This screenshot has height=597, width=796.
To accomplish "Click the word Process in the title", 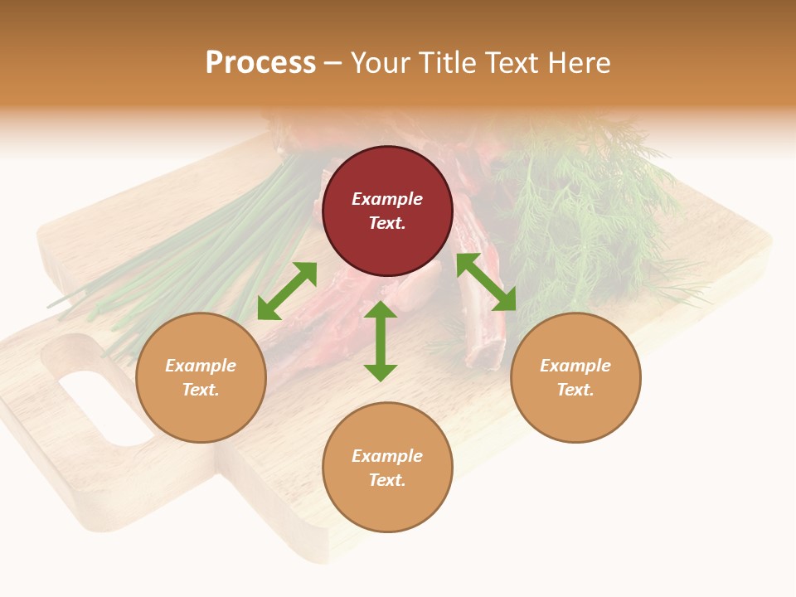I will (x=260, y=63).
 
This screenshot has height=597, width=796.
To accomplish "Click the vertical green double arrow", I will (x=381, y=341).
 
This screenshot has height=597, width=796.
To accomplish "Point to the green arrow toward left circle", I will (x=287, y=291).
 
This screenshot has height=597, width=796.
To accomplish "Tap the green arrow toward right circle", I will (x=487, y=282).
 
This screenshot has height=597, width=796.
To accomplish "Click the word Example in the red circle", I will (x=387, y=199).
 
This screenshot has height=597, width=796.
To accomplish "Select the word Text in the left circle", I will (x=200, y=390).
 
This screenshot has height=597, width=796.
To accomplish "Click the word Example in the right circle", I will (x=575, y=366).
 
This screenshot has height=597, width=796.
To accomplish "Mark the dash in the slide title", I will (x=332, y=63).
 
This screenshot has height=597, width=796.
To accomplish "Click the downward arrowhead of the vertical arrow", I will (x=381, y=372).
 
